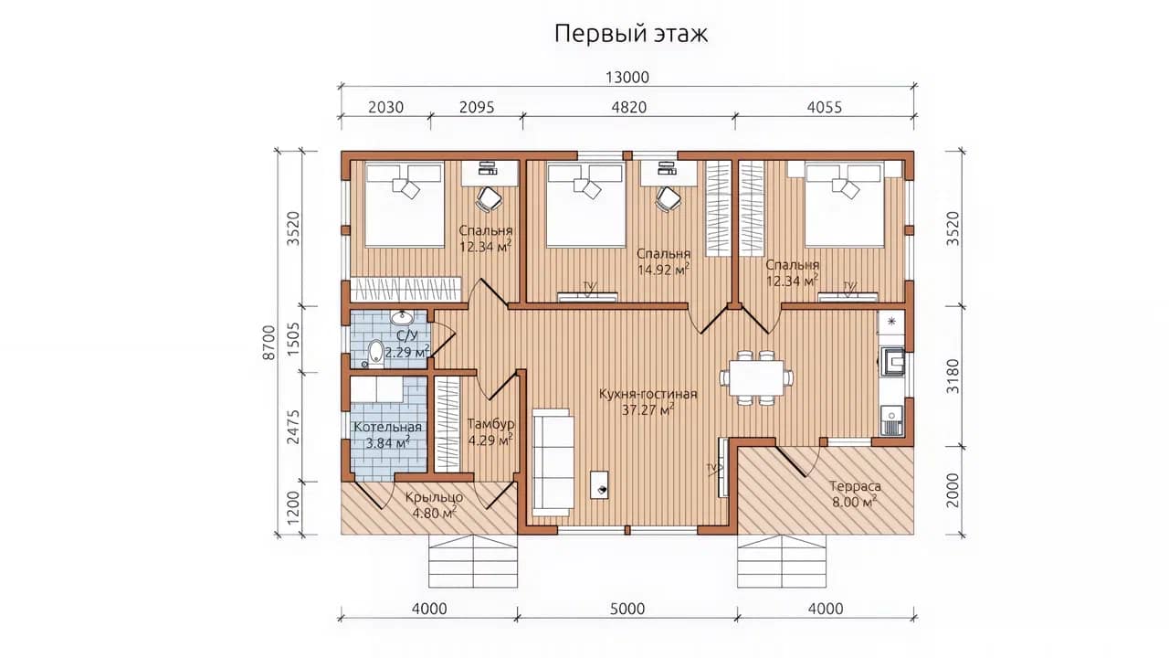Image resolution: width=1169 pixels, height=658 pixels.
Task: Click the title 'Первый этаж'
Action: click(631, 34)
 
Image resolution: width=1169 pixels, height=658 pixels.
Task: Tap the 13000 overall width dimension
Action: click(627, 78)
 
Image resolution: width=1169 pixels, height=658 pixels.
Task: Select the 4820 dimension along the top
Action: click(629, 107)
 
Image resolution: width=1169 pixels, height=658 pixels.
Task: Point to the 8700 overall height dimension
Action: click(269, 343)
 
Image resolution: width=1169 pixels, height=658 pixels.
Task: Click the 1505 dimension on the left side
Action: click(294, 339)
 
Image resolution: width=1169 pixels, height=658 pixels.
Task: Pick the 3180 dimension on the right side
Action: click(953, 376)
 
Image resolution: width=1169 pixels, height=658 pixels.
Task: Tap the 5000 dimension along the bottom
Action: click(627, 609)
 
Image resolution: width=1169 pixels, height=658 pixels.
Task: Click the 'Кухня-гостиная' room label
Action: click(648, 394)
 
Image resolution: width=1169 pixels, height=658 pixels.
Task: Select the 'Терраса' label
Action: click(856, 486)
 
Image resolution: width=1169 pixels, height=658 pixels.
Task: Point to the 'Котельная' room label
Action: click(388, 427)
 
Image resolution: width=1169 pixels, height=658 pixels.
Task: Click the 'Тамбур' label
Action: click(490, 423)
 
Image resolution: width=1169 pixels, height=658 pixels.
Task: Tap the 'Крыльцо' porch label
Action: click(434, 498)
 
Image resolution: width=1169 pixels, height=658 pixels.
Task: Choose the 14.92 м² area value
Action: click(664, 270)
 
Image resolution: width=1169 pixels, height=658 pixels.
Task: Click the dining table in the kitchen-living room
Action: click(757, 377)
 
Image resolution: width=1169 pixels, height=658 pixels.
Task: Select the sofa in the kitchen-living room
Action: click(553, 462)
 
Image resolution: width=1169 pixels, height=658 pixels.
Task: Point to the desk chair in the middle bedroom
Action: click(668, 199)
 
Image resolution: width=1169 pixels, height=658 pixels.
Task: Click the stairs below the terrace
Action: click(782, 561)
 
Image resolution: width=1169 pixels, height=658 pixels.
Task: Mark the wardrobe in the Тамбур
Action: click(448, 425)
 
